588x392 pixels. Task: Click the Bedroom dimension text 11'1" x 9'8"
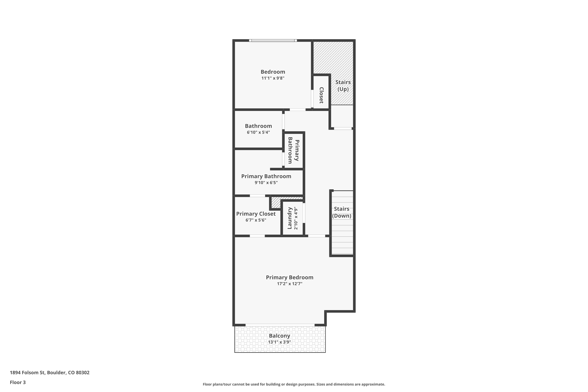[x=273, y=78]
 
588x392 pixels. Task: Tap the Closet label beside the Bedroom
[x=321, y=95]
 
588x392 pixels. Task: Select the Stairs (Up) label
[x=343, y=85]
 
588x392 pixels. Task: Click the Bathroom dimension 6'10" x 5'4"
[x=258, y=132]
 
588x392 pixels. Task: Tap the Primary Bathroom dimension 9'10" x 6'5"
[x=266, y=182]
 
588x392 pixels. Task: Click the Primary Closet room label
[x=256, y=214]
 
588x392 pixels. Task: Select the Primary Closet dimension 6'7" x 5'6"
[x=256, y=220]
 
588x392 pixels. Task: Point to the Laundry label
[x=290, y=218]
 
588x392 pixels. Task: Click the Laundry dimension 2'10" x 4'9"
[x=296, y=218]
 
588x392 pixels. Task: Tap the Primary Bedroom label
[x=289, y=277]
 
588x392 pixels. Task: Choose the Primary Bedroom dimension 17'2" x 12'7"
[x=289, y=284]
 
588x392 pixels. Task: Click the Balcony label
[x=279, y=336]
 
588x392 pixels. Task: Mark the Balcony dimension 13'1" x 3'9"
[x=279, y=342]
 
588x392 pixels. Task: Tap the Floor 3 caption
[x=18, y=382]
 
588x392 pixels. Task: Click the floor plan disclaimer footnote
[x=294, y=384]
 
